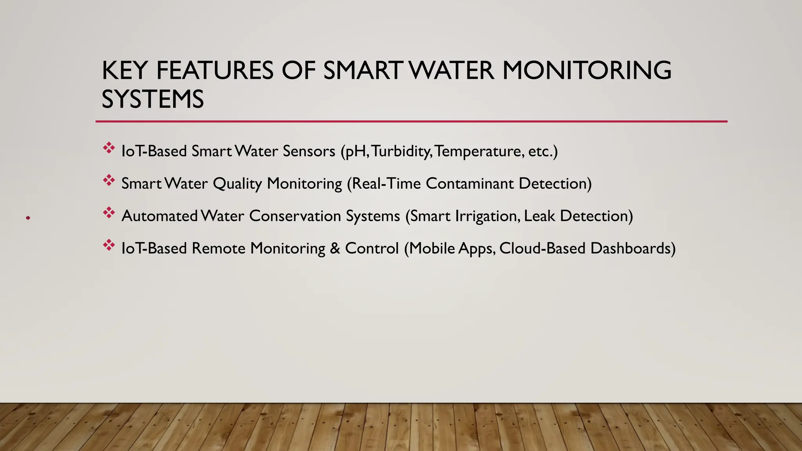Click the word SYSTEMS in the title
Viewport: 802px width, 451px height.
pos(153,99)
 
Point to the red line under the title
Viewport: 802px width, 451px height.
pos(411,121)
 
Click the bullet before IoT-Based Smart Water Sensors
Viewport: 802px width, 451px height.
pos(109,148)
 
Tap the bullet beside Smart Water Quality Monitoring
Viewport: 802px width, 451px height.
pos(109,180)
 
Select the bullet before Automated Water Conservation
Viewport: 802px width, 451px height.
pos(109,213)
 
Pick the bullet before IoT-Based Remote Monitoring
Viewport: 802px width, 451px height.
pos(109,245)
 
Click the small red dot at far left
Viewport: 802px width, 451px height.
pos(28,218)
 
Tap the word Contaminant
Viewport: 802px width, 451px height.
pos(470,184)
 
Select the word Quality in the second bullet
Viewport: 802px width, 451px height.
pos(237,184)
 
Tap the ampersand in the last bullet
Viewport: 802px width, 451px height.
pos(335,249)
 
